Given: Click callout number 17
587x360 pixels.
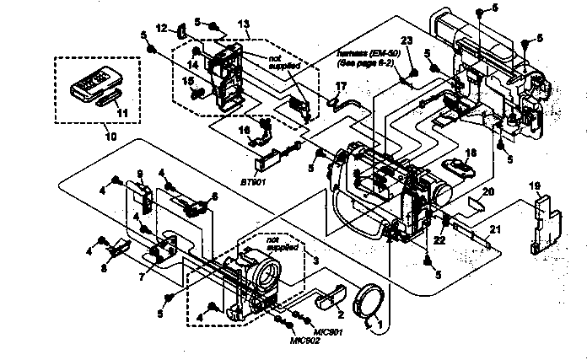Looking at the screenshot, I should (341, 86).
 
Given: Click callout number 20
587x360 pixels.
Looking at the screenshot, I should (487, 191).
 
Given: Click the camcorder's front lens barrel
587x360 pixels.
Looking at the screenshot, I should (267, 275).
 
